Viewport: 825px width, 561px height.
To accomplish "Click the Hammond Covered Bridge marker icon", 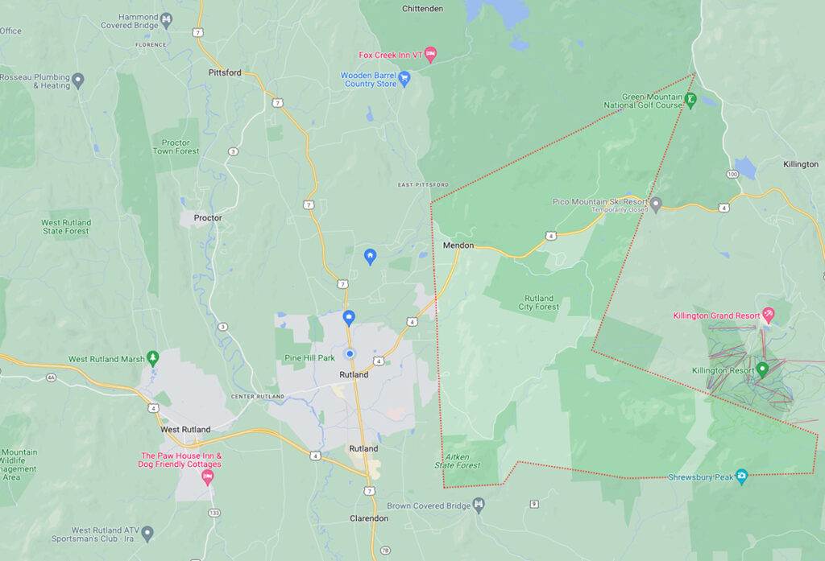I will [167, 18].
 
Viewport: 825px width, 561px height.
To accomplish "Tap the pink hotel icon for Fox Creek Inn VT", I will [430, 54].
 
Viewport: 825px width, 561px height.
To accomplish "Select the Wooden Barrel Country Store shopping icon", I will [404, 78].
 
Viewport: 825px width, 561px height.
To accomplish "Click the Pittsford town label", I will [225, 72].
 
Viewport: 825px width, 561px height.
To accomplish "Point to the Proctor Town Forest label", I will [175, 146].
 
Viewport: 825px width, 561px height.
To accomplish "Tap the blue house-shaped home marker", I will [370, 256].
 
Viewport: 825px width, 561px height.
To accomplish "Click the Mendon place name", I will [458, 245].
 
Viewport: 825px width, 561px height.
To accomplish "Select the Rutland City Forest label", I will [538, 302].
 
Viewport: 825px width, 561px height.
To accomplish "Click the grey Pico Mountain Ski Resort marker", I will [657, 204].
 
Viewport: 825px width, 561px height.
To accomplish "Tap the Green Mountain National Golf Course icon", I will [691, 100].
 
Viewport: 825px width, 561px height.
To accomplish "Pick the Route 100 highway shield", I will [731, 174].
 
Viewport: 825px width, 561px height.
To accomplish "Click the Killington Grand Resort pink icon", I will [768, 315].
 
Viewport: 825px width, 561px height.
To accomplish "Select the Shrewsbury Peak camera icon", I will [741, 476].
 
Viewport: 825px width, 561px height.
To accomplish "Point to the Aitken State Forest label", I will [458, 460].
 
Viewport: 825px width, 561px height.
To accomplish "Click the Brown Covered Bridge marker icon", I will [479, 505].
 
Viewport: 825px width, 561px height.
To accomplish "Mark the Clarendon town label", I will [370, 518].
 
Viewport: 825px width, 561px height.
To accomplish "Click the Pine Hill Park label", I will [309, 357].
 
